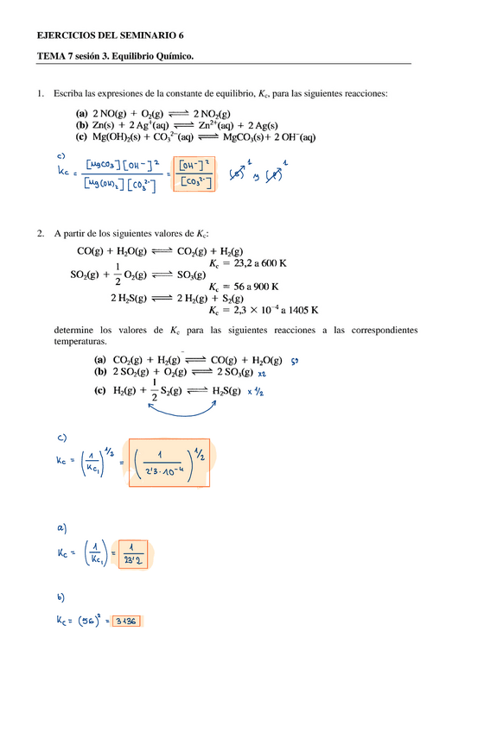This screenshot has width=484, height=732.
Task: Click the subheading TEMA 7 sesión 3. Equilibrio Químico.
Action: click(x=114, y=57)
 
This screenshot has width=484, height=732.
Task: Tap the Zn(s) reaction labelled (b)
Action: click(x=161, y=125)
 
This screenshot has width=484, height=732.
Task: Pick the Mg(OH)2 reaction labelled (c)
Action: click(x=199, y=136)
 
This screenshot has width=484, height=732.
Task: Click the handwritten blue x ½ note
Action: click(x=257, y=393)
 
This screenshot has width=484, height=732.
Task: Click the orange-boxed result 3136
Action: click(x=126, y=620)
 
